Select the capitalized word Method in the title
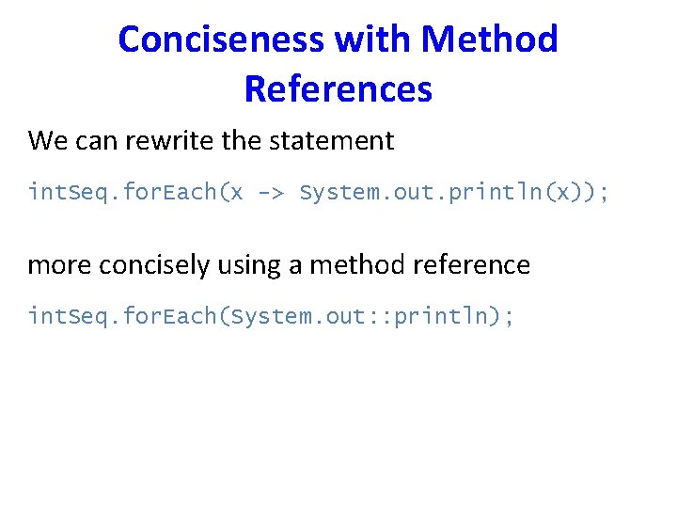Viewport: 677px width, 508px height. click(490, 40)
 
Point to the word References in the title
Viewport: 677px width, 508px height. click(338, 89)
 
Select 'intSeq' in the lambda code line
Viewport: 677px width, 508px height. click(59, 193)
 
